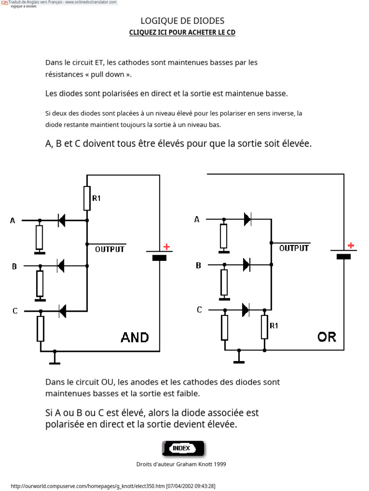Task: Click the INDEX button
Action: (183, 448)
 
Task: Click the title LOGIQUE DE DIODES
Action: (182, 21)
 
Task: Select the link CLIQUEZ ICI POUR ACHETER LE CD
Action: (182, 33)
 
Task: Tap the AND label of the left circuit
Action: (135, 338)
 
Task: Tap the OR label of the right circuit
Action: (327, 337)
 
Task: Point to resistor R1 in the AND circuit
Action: (87, 198)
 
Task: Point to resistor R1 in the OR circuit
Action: (265, 327)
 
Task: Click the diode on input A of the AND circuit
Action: (61, 221)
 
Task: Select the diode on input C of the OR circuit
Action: (246, 310)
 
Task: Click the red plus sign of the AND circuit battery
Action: (167, 247)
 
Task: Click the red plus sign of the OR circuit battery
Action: (351, 245)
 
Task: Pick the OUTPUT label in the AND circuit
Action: (110, 249)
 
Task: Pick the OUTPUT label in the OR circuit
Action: (294, 248)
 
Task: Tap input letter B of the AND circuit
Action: (14, 267)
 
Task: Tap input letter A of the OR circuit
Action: (197, 219)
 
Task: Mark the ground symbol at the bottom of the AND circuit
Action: (55, 359)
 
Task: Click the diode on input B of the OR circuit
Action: (246, 265)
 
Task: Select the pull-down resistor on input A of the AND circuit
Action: (39, 237)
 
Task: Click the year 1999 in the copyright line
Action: (220, 464)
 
